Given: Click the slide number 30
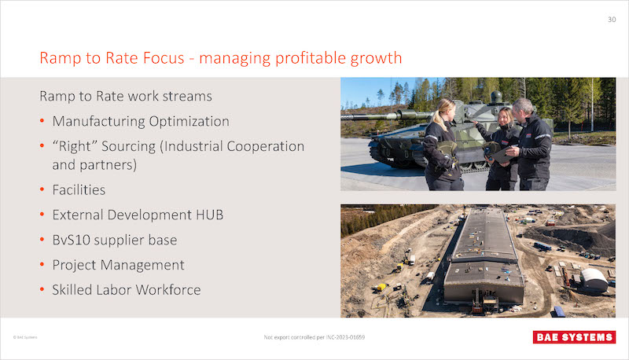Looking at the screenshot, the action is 612,19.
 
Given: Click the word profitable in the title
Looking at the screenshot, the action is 311,58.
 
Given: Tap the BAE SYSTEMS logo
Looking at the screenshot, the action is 574,337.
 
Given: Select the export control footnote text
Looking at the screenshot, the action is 314,337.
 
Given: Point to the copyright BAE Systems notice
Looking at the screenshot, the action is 25,337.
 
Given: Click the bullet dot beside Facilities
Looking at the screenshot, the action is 42,189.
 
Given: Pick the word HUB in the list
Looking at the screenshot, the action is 209,215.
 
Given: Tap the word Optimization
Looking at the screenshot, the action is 189,122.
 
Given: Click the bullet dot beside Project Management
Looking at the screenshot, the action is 42,265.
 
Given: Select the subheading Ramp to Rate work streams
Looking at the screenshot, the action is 126,96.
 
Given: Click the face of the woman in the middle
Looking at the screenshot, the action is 504,117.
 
